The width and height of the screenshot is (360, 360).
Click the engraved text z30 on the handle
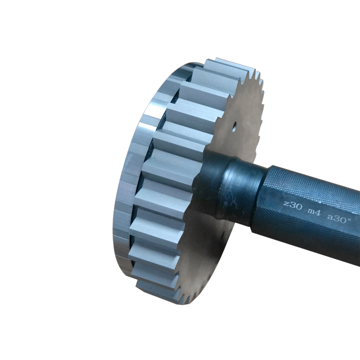click(x=293, y=205)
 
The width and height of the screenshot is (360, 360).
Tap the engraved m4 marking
click(x=314, y=212)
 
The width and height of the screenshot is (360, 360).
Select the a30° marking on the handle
click(x=338, y=218)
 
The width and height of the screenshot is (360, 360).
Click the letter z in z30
click(x=285, y=203)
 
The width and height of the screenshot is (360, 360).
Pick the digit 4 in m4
click(x=318, y=213)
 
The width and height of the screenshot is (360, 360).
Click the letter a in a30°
click(x=330, y=217)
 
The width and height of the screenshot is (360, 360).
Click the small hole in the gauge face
click(x=234, y=127)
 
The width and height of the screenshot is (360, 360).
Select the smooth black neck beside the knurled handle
click(x=243, y=190)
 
